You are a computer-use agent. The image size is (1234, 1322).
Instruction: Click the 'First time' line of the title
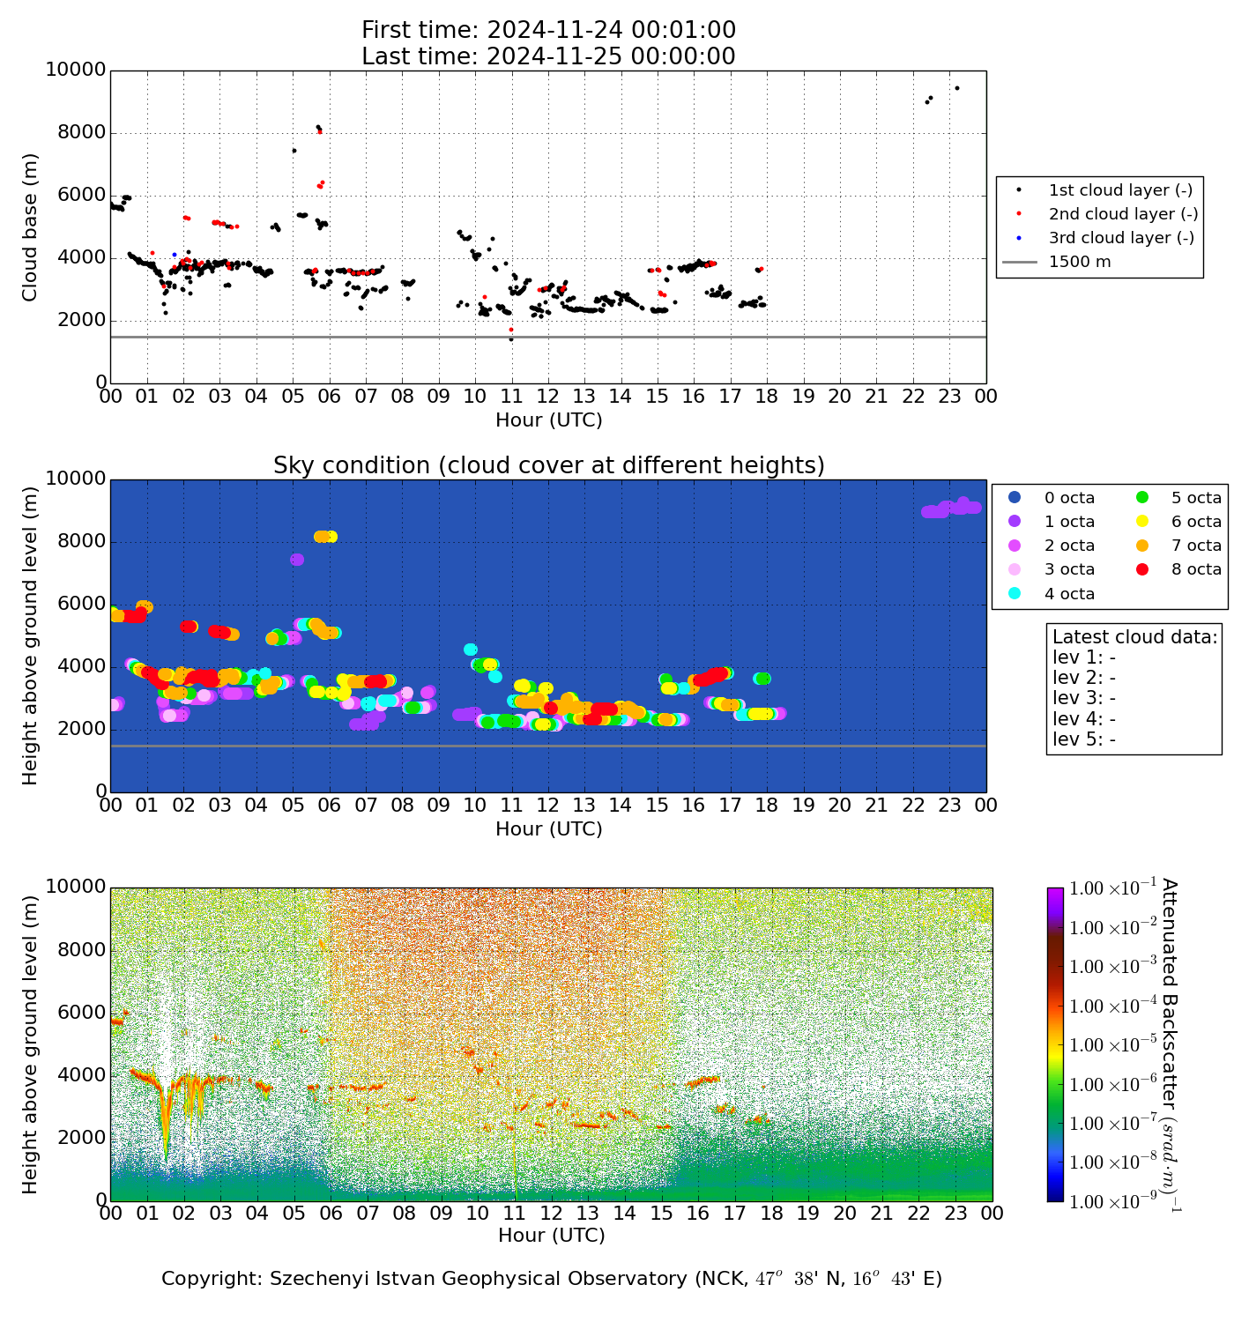click(548, 30)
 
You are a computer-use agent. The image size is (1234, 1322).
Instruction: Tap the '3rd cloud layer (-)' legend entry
click(1120, 238)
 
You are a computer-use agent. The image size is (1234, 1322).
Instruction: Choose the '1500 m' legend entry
click(1079, 262)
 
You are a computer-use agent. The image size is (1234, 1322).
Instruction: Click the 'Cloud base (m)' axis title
click(30, 227)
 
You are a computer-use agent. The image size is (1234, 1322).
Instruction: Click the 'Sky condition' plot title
click(548, 465)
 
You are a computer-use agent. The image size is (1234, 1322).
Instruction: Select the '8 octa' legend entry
click(1196, 569)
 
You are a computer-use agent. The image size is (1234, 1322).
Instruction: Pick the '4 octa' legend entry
click(1069, 594)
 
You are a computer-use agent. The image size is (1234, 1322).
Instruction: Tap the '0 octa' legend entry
click(1069, 498)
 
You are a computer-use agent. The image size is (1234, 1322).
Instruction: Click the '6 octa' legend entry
click(1196, 522)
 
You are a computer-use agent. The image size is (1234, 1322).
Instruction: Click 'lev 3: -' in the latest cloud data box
click(1084, 698)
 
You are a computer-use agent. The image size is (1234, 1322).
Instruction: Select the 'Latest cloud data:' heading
click(1134, 637)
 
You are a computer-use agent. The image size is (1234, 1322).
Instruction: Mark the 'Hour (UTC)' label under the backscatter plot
click(551, 1236)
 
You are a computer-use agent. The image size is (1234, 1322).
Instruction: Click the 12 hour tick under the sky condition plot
click(548, 805)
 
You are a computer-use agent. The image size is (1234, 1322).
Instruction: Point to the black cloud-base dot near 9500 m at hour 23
click(957, 88)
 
